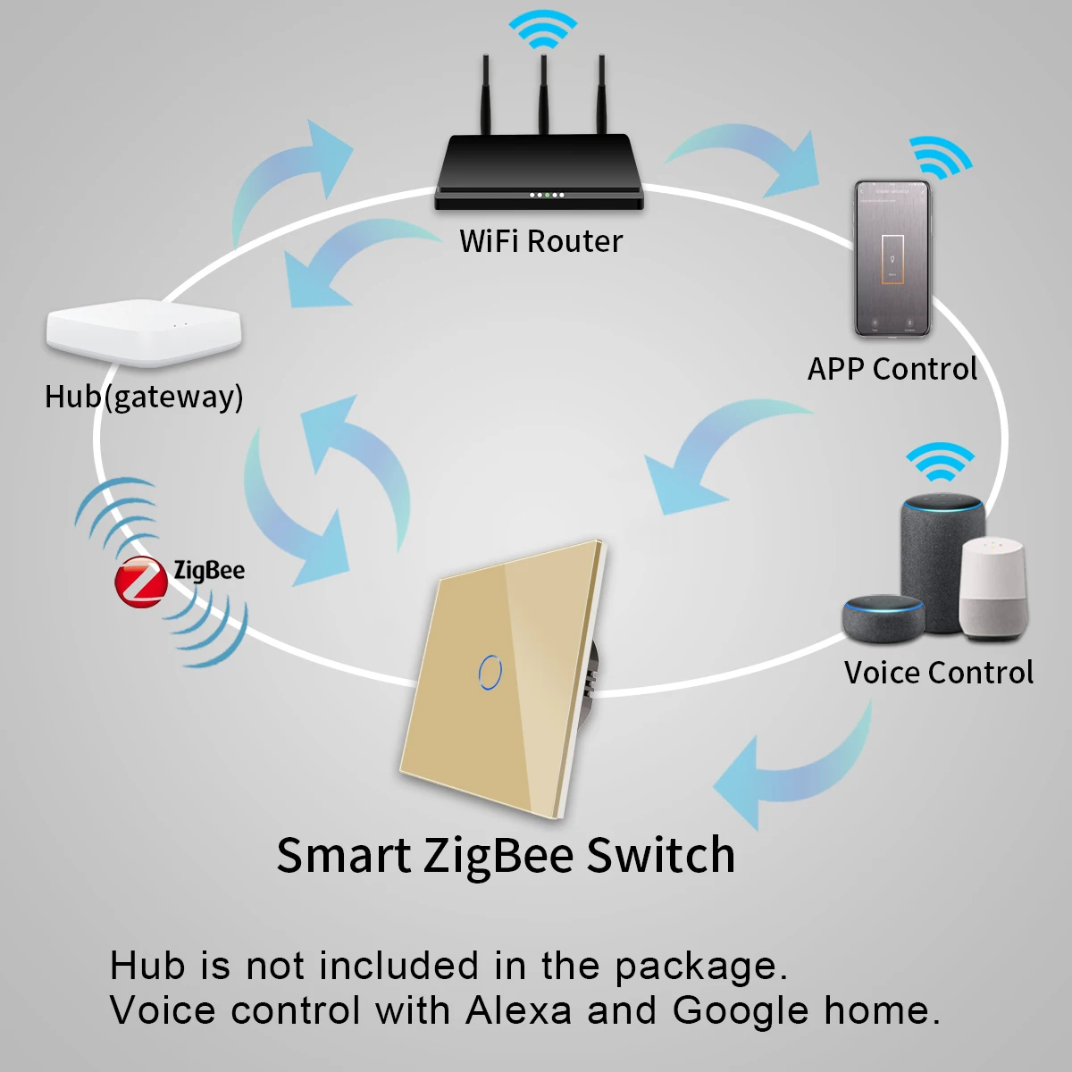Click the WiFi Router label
(540, 241)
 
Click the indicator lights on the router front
(546, 195)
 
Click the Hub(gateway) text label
(144, 397)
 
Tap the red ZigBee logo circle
(140, 582)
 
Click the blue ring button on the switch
(490, 671)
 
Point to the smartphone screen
(892, 259)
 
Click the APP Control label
(892, 369)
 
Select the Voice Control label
(938, 673)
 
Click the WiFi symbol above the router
(543, 29)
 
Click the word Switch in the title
(661, 855)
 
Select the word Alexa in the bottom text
(519, 1010)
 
